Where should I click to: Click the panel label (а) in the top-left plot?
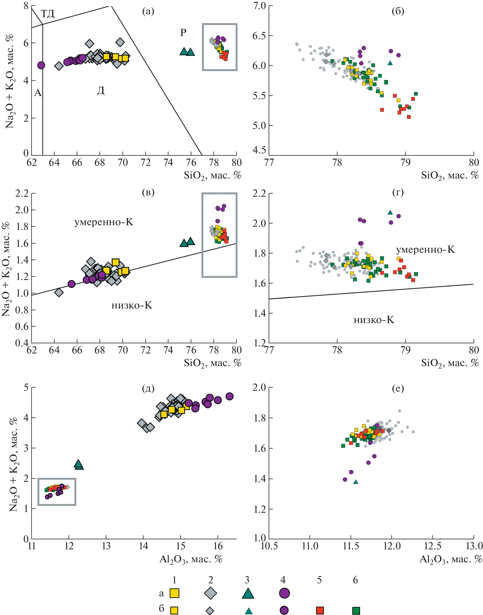click(148, 11)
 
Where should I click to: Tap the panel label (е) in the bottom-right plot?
click(398, 388)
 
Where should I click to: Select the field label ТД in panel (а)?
click(47, 13)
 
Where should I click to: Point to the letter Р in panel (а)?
click(183, 32)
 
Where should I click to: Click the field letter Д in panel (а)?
click(101, 91)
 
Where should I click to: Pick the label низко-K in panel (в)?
click(132, 305)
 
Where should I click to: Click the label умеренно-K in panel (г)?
click(425, 250)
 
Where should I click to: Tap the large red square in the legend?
click(320, 610)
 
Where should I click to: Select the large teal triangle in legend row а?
click(248, 593)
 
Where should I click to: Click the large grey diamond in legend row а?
click(210, 593)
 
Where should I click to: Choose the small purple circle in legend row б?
click(284, 610)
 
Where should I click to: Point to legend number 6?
click(355, 580)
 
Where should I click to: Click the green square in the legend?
click(356, 610)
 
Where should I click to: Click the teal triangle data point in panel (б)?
click(390, 63)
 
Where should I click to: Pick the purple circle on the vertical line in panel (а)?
click(41, 65)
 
